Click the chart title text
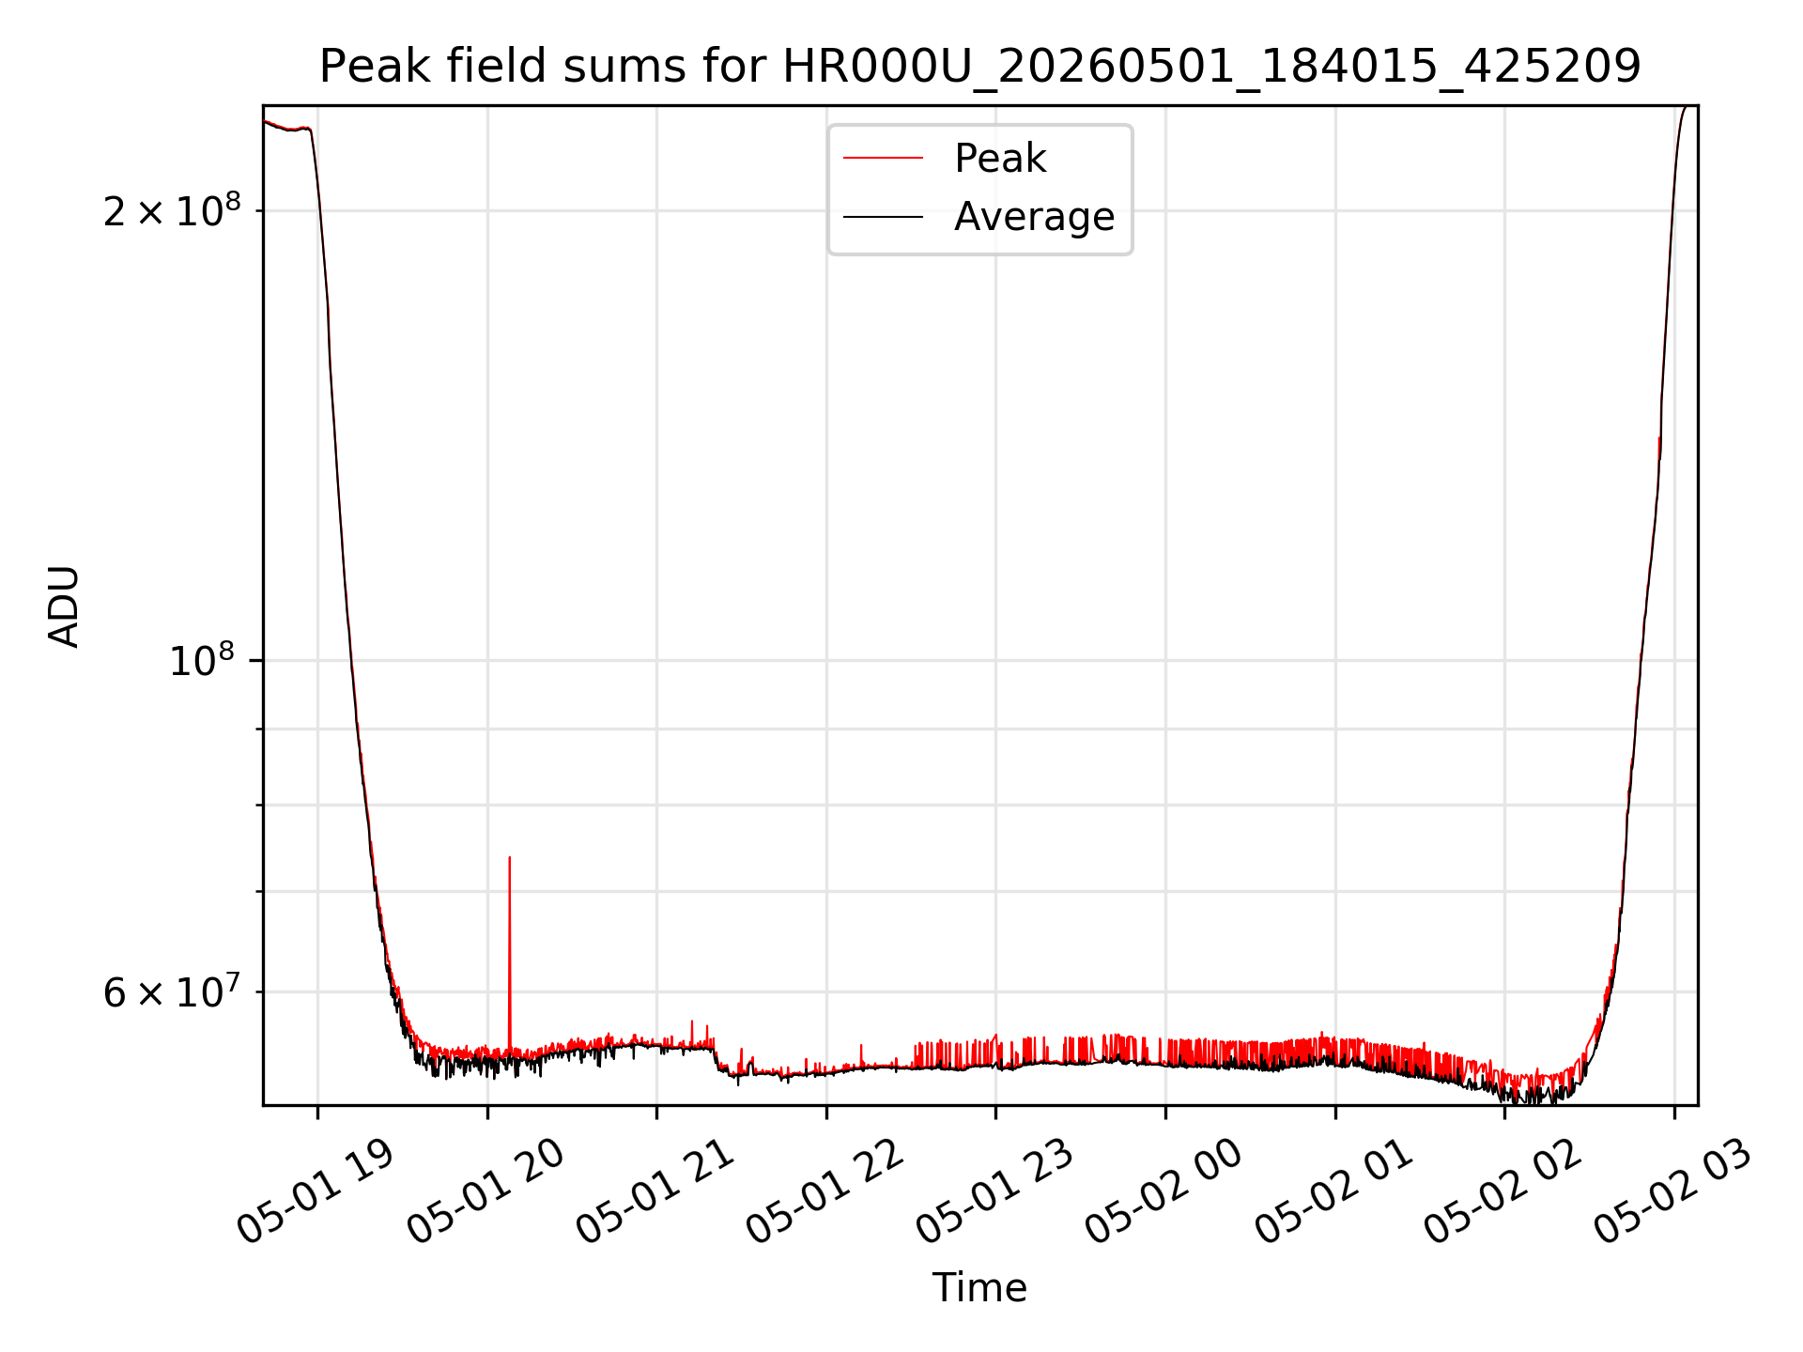(980, 67)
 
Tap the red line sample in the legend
(883, 158)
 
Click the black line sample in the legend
(883, 217)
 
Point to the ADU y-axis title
(64, 607)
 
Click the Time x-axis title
(979, 1287)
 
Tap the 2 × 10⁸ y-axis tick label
(171, 211)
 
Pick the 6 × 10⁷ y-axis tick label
(171, 991)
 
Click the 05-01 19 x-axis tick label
(315, 1191)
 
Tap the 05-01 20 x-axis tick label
(485, 1191)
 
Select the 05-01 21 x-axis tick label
(655, 1191)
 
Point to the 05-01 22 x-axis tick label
(824, 1191)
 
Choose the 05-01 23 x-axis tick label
(994, 1191)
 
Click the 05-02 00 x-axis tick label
(1164, 1191)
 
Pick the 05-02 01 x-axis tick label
(1334, 1191)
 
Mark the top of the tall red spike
(509, 856)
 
